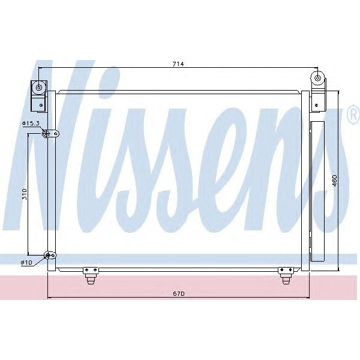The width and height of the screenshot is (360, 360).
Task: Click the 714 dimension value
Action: click(178, 64)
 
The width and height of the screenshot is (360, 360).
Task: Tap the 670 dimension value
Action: click(178, 293)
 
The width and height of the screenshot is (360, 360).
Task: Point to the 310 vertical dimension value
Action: click(23, 196)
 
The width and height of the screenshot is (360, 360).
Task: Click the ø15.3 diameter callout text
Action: click(31, 123)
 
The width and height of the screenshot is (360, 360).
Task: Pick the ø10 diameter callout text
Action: click(26, 263)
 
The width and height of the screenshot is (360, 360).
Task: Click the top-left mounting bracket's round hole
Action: click(39, 88)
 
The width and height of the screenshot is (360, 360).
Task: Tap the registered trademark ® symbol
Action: click(353, 116)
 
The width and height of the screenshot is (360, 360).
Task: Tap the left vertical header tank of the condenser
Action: click(52, 180)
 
